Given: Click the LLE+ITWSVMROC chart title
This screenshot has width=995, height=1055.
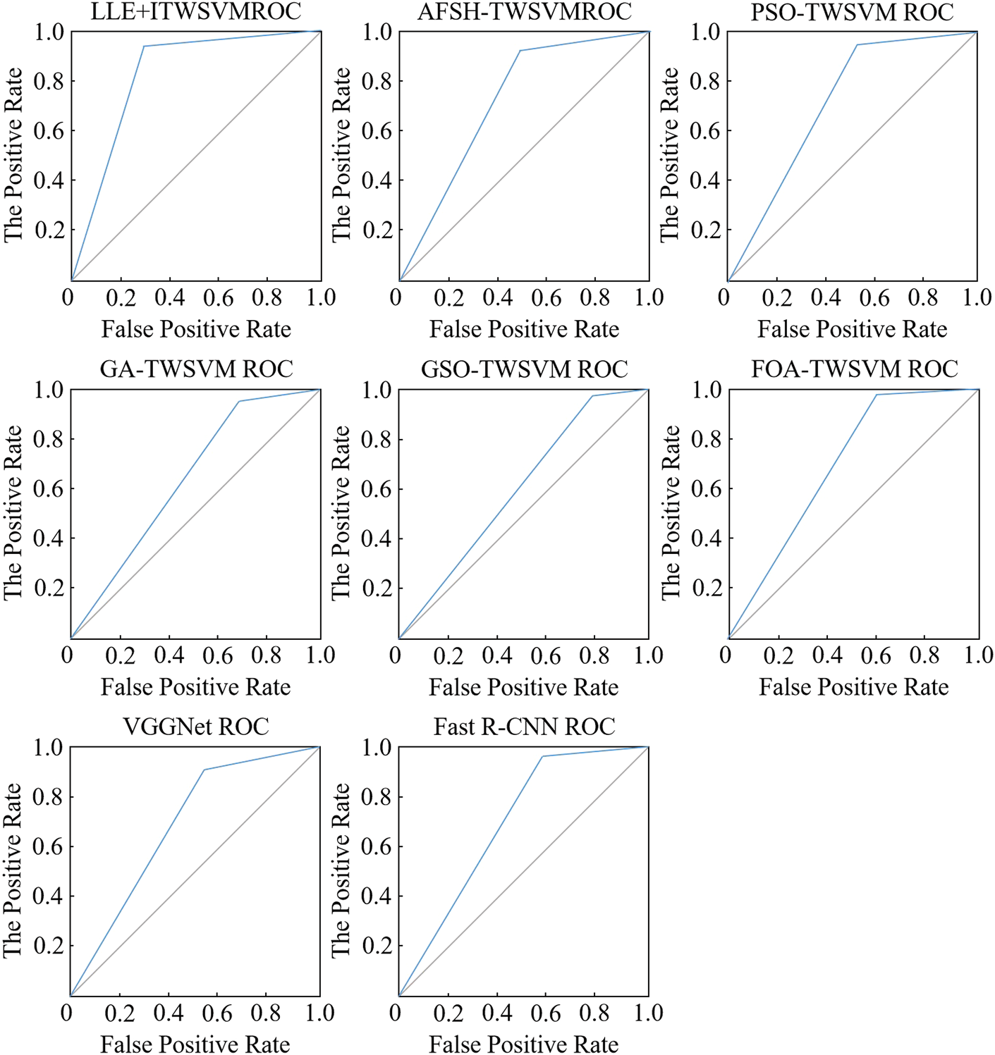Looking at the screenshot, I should [x=196, y=11].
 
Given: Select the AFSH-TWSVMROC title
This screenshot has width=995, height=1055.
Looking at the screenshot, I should [x=524, y=11].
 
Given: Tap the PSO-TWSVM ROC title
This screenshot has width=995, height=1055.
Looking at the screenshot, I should [x=852, y=11].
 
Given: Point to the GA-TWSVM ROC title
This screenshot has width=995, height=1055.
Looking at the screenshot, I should [x=196, y=369].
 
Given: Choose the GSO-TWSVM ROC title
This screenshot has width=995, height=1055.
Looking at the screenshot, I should [x=524, y=369].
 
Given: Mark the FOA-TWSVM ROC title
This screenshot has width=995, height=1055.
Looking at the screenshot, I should [x=854, y=369].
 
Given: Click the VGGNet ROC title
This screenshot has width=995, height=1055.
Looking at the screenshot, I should [x=196, y=726].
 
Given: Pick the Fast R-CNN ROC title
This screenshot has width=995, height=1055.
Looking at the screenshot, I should [x=524, y=726].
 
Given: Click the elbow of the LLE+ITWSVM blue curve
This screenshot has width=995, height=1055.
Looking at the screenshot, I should [x=144, y=47].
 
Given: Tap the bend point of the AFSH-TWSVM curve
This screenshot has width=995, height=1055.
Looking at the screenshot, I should [x=520, y=51].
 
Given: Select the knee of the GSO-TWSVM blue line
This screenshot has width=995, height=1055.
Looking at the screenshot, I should [x=592, y=396].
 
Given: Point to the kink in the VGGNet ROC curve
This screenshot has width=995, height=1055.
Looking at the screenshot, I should [x=204, y=770].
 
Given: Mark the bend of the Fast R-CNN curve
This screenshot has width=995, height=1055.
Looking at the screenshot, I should [x=542, y=756].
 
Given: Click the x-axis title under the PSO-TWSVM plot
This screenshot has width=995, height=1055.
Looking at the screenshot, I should [x=852, y=329].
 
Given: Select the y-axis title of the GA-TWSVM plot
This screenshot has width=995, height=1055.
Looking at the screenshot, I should [x=13, y=513].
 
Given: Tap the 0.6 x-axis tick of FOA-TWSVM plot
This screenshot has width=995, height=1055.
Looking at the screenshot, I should [x=876, y=655].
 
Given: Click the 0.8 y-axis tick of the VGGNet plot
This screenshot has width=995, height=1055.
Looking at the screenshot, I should [x=49, y=797].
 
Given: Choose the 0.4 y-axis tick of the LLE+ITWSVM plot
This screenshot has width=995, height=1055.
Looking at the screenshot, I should [x=49, y=180].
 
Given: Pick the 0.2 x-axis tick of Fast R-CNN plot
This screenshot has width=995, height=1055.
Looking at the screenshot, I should [x=448, y=1013].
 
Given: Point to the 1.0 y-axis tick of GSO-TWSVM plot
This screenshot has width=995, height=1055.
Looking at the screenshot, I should [x=377, y=390].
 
